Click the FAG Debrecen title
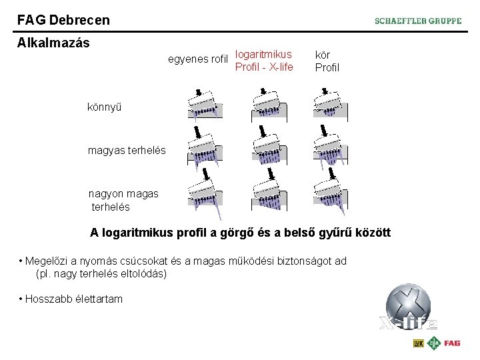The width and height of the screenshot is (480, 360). pyautogui.click(x=64, y=20)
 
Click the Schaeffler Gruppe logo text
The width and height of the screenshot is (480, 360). pyautogui.click(x=418, y=21)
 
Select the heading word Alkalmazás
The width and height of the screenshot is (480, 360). pyautogui.click(x=53, y=43)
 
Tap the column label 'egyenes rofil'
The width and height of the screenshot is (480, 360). pyautogui.click(x=198, y=59)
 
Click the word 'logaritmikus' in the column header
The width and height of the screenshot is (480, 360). pyautogui.click(x=263, y=54)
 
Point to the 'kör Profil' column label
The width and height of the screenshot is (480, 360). pyautogui.click(x=327, y=61)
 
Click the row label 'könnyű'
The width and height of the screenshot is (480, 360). pyautogui.click(x=105, y=107)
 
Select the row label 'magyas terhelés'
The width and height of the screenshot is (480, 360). pyautogui.click(x=127, y=151)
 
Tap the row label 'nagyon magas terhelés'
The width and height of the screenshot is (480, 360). pyautogui.click(x=124, y=200)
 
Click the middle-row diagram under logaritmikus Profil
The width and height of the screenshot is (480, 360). pyautogui.click(x=269, y=148)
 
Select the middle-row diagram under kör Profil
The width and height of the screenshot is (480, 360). pyautogui.click(x=331, y=148)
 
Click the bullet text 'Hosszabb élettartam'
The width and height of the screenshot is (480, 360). pyautogui.click(x=74, y=299)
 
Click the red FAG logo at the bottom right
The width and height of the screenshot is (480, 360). pyautogui.click(x=452, y=343)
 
